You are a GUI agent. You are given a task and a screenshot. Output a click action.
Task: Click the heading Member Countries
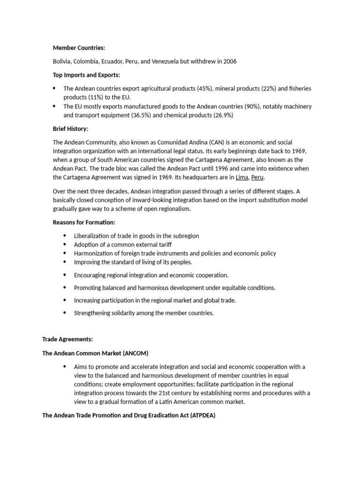(79, 48)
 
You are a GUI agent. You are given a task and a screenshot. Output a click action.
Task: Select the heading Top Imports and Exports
(86, 75)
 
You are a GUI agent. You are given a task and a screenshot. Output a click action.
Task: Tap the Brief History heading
(70, 128)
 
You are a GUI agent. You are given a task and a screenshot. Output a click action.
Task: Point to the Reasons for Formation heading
(84, 222)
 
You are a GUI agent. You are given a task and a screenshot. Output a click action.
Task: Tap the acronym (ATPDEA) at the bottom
(202, 415)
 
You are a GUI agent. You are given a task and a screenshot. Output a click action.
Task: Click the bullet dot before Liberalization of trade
(64, 236)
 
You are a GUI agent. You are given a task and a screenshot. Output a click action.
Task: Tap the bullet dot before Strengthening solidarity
(64, 313)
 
